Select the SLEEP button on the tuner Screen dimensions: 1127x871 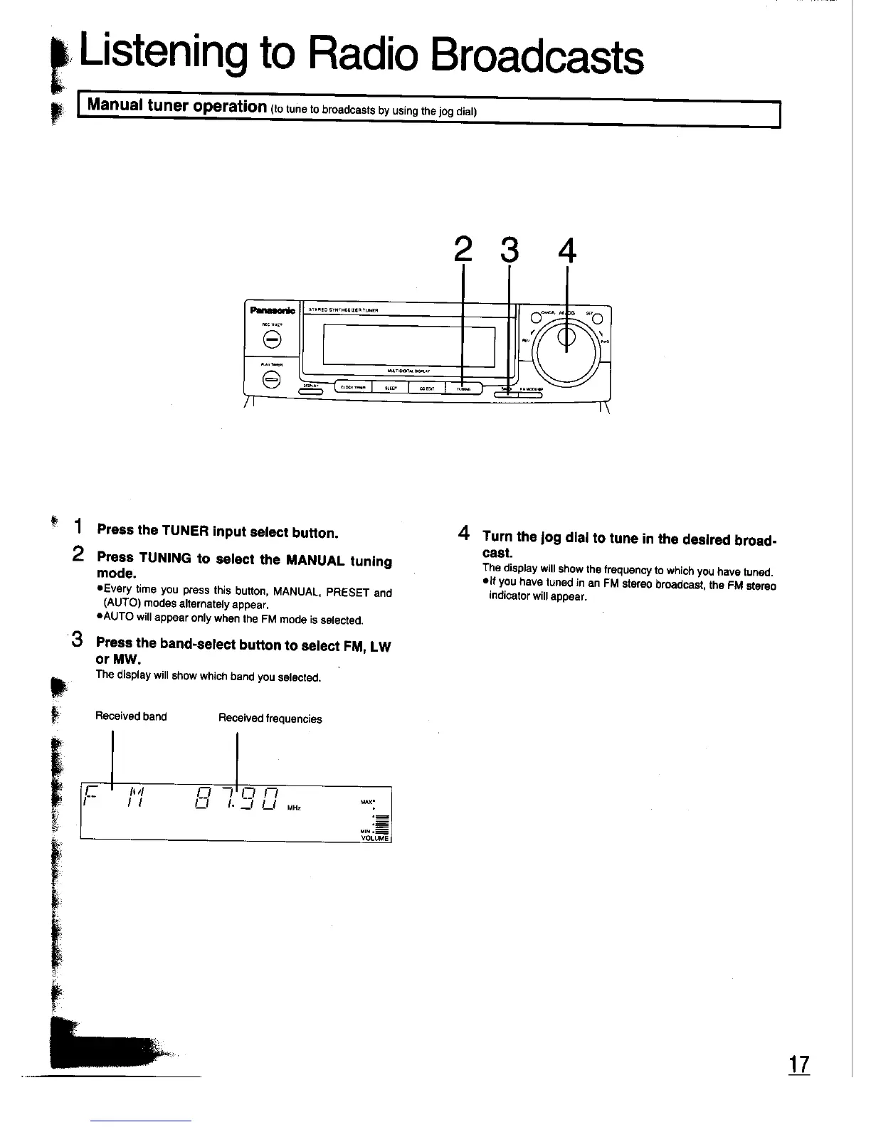point(390,388)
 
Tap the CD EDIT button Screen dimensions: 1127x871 point(426,388)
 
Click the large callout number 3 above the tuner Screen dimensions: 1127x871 point(510,249)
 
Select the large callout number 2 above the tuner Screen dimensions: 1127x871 point(463,249)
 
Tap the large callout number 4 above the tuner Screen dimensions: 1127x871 point(566,250)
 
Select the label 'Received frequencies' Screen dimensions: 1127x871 point(270,719)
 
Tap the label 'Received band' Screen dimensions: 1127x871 point(131,716)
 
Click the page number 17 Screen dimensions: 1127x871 point(799,1064)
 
